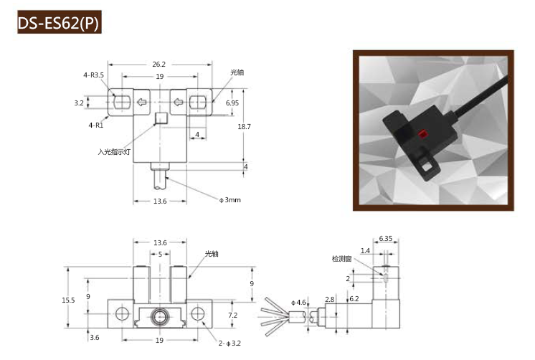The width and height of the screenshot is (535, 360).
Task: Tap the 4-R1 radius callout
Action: (x=95, y=125)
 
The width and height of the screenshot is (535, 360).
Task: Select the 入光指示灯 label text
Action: (x=115, y=152)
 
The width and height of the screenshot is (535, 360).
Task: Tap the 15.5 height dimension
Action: (x=68, y=300)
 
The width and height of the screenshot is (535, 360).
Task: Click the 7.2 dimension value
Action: (x=232, y=315)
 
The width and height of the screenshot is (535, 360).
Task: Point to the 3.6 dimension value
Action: (x=95, y=336)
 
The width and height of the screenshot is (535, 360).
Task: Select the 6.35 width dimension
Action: (x=386, y=238)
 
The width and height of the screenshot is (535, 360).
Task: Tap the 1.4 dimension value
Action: (x=366, y=251)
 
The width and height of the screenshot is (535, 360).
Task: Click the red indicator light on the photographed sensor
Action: (x=423, y=134)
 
